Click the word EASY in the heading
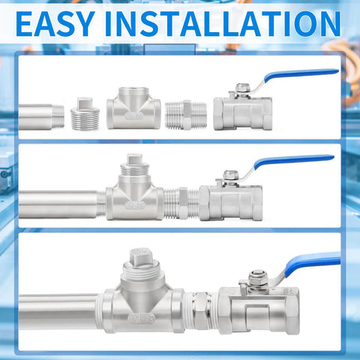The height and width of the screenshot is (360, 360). (x=55, y=24)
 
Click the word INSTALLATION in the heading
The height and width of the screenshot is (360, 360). (x=223, y=24)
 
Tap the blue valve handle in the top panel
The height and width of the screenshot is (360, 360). (x=301, y=75)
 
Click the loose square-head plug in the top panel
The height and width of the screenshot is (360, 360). (x=85, y=114)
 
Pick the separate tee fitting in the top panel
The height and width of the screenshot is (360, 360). (x=133, y=108)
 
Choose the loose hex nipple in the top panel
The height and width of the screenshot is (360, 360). (x=186, y=115)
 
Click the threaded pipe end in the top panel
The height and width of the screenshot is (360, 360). (x=41, y=117)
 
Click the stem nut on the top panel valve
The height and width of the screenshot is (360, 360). (x=243, y=88)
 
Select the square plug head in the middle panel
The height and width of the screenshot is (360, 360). (x=135, y=159)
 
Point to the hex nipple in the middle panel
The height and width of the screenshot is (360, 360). (x=181, y=204)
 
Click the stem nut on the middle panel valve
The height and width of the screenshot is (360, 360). (x=230, y=175)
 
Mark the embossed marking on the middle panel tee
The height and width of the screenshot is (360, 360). (x=135, y=205)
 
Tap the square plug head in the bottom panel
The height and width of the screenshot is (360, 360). (x=141, y=256)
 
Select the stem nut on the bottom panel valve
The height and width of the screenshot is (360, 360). (x=258, y=277)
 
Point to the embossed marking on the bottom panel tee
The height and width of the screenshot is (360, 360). (x=142, y=319)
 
